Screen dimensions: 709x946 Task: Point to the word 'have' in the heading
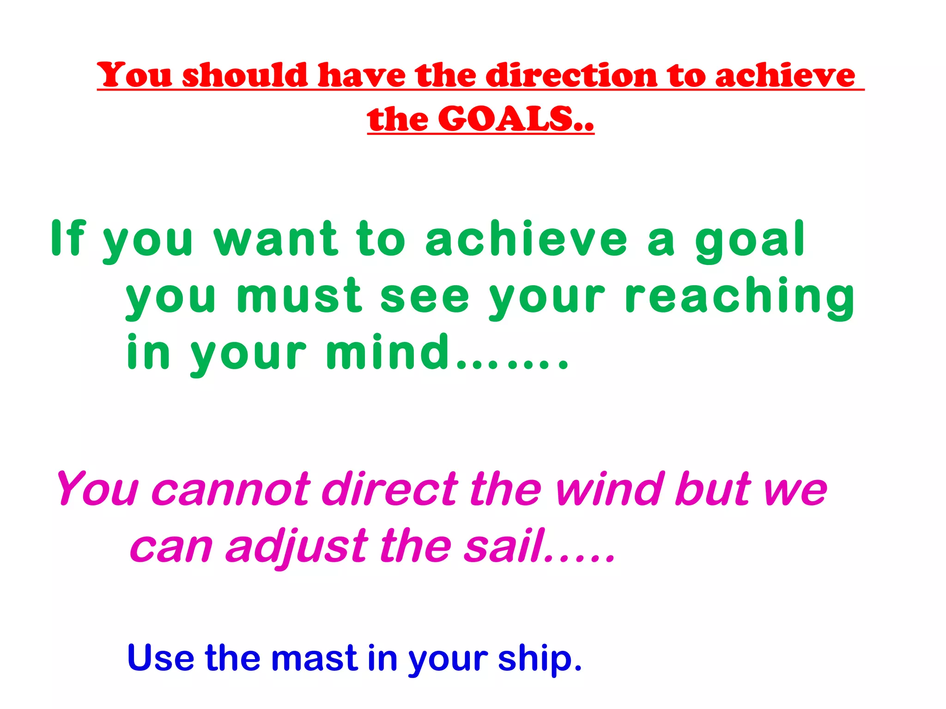tap(362, 75)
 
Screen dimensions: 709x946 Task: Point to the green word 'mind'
tap(388, 353)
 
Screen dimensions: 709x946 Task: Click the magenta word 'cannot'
tap(230, 489)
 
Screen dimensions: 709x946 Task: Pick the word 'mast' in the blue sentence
tap(314, 658)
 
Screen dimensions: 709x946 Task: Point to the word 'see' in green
tap(424, 296)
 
